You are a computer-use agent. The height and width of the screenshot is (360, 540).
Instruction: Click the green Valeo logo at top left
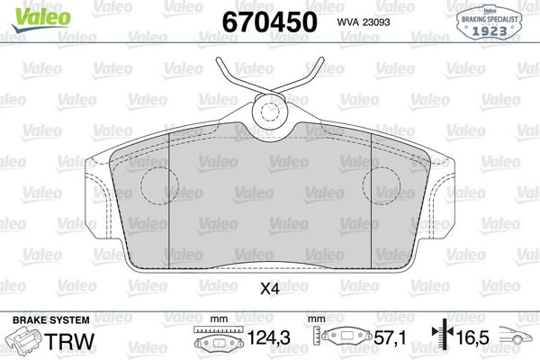point(41,18)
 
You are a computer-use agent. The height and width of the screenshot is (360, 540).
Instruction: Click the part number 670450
point(270,22)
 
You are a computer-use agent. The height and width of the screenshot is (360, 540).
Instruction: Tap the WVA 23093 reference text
point(364,22)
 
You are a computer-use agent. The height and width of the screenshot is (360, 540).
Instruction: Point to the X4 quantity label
point(270,289)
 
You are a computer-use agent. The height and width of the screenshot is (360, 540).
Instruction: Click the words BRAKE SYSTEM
point(51,320)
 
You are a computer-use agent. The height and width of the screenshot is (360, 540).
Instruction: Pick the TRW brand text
point(70,341)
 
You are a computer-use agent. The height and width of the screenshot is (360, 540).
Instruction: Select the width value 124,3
point(268,338)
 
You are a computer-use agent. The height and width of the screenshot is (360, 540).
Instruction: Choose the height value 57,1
point(391,338)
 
